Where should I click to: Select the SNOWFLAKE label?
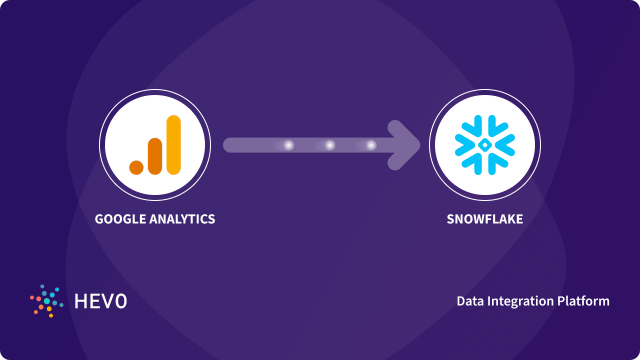point(484,219)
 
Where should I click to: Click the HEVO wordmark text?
point(100,301)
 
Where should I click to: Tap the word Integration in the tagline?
point(518,301)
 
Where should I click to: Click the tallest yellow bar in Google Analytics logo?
point(173,145)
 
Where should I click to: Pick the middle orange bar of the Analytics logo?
point(155,156)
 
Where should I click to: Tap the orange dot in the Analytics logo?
point(136,167)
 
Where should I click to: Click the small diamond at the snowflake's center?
point(484,145)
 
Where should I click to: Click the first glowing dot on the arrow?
point(288,145)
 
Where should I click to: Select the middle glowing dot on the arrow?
point(329,145)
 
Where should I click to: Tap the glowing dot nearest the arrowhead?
point(370,145)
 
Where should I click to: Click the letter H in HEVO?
point(80,301)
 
